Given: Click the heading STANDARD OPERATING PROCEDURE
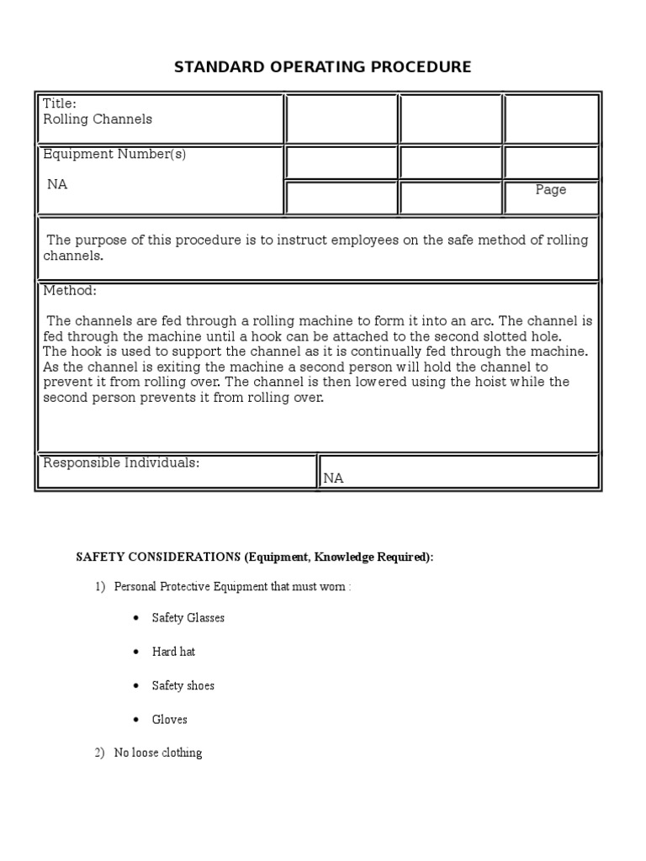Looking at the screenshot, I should click(322, 67).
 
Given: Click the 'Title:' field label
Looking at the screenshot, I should click(60, 104).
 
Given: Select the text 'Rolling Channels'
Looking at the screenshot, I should click(98, 119).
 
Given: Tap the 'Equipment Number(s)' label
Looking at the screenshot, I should click(114, 155).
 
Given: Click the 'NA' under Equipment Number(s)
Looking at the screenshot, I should click(57, 184).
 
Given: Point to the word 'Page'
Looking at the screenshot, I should click(551, 190).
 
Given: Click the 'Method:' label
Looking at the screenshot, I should click(70, 291).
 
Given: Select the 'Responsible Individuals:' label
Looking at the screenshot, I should click(121, 463).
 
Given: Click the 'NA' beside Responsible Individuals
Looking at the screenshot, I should click(334, 478).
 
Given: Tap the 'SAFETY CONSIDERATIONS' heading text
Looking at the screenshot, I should click(158, 557).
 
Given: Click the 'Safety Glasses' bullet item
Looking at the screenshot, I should click(188, 618).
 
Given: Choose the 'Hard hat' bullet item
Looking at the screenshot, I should click(173, 652).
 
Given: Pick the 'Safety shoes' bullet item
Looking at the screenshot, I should click(183, 686).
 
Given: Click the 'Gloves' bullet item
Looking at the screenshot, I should click(169, 720).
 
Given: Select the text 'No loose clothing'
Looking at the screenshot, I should click(158, 753).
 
